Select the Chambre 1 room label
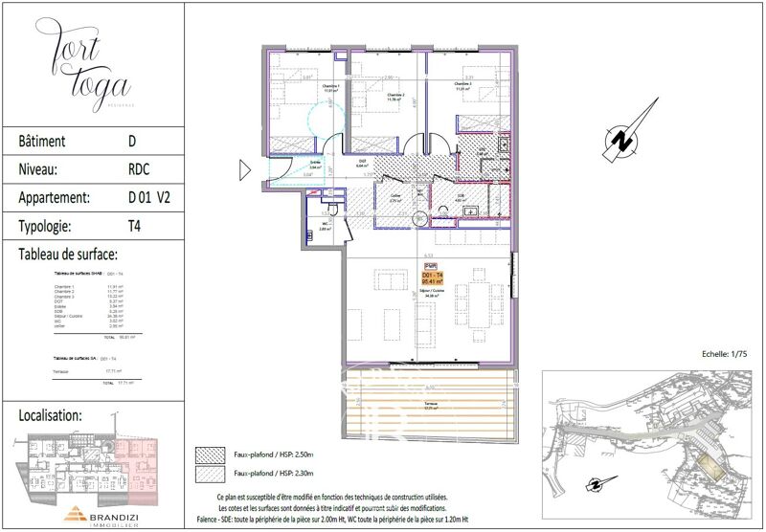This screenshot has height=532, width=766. coord(304,89)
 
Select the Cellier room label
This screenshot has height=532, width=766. coord(394,198)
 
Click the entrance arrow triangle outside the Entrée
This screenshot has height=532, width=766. coord(244,171)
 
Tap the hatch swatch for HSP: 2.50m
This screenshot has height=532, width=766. coord(210,454)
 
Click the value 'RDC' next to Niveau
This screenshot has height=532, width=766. coord(139,169)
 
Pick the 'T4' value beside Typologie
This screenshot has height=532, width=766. coord(135,226)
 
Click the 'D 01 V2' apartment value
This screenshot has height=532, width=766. coord(150,198)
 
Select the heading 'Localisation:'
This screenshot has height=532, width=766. coord(63,416)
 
